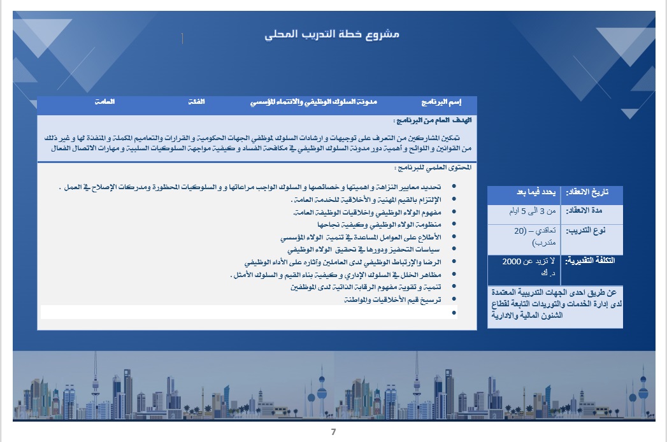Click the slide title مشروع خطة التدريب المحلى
tap(332, 34)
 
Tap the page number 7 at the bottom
tap(333, 432)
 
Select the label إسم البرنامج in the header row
tap(441, 102)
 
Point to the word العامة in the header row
tap(104, 102)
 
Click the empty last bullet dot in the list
tap(454, 312)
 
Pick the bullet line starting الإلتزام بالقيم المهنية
tap(373, 199)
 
